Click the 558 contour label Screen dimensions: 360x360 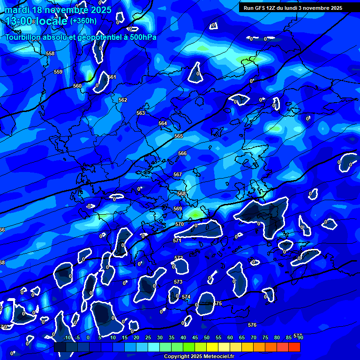[x=50, y=54]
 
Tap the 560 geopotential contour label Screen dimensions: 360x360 [x=77, y=86]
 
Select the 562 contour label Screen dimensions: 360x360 [x=123, y=100]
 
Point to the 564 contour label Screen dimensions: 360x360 [x=163, y=124]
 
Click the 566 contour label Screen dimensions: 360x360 [x=182, y=154]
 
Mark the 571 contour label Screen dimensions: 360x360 [x=177, y=241]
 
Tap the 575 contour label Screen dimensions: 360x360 [x=217, y=304]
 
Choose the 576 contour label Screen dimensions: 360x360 [x=252, y=325]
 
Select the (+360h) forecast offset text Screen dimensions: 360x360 [x=83, y=21]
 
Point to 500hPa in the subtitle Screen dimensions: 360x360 [x=141, y=37]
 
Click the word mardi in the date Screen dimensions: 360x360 [x=17, y=9]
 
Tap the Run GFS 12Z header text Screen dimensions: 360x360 [x=262, y=8]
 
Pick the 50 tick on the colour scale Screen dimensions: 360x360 [x=207, y=338]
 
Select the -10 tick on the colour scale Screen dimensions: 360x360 [x=67, y=338]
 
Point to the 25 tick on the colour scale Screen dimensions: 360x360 [x=148, y=338]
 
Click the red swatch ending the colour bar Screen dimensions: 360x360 [x=294, y=347]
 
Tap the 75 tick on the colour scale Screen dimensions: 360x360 [x=265, y=338]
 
